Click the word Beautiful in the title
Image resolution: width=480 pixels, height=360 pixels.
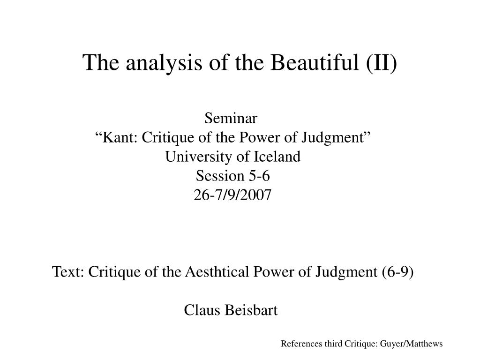(315, 62)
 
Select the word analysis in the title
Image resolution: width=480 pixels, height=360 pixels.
(164, 63)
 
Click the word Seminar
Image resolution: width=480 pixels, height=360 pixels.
(231, 118)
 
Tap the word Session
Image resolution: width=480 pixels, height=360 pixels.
(220, 176)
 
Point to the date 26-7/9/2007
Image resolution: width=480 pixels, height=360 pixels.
(232, 195)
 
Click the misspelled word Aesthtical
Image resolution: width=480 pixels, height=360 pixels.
(217, 271)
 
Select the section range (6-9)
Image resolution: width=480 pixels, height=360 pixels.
(397, 272)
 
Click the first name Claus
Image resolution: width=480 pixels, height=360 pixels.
(202, 310)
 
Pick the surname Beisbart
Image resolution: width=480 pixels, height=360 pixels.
(251, 310)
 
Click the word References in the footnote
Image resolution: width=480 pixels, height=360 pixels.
(301, 344)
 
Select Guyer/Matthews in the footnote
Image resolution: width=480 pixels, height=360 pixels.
(412, 344)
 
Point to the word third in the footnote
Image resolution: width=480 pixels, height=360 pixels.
(333, 344)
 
